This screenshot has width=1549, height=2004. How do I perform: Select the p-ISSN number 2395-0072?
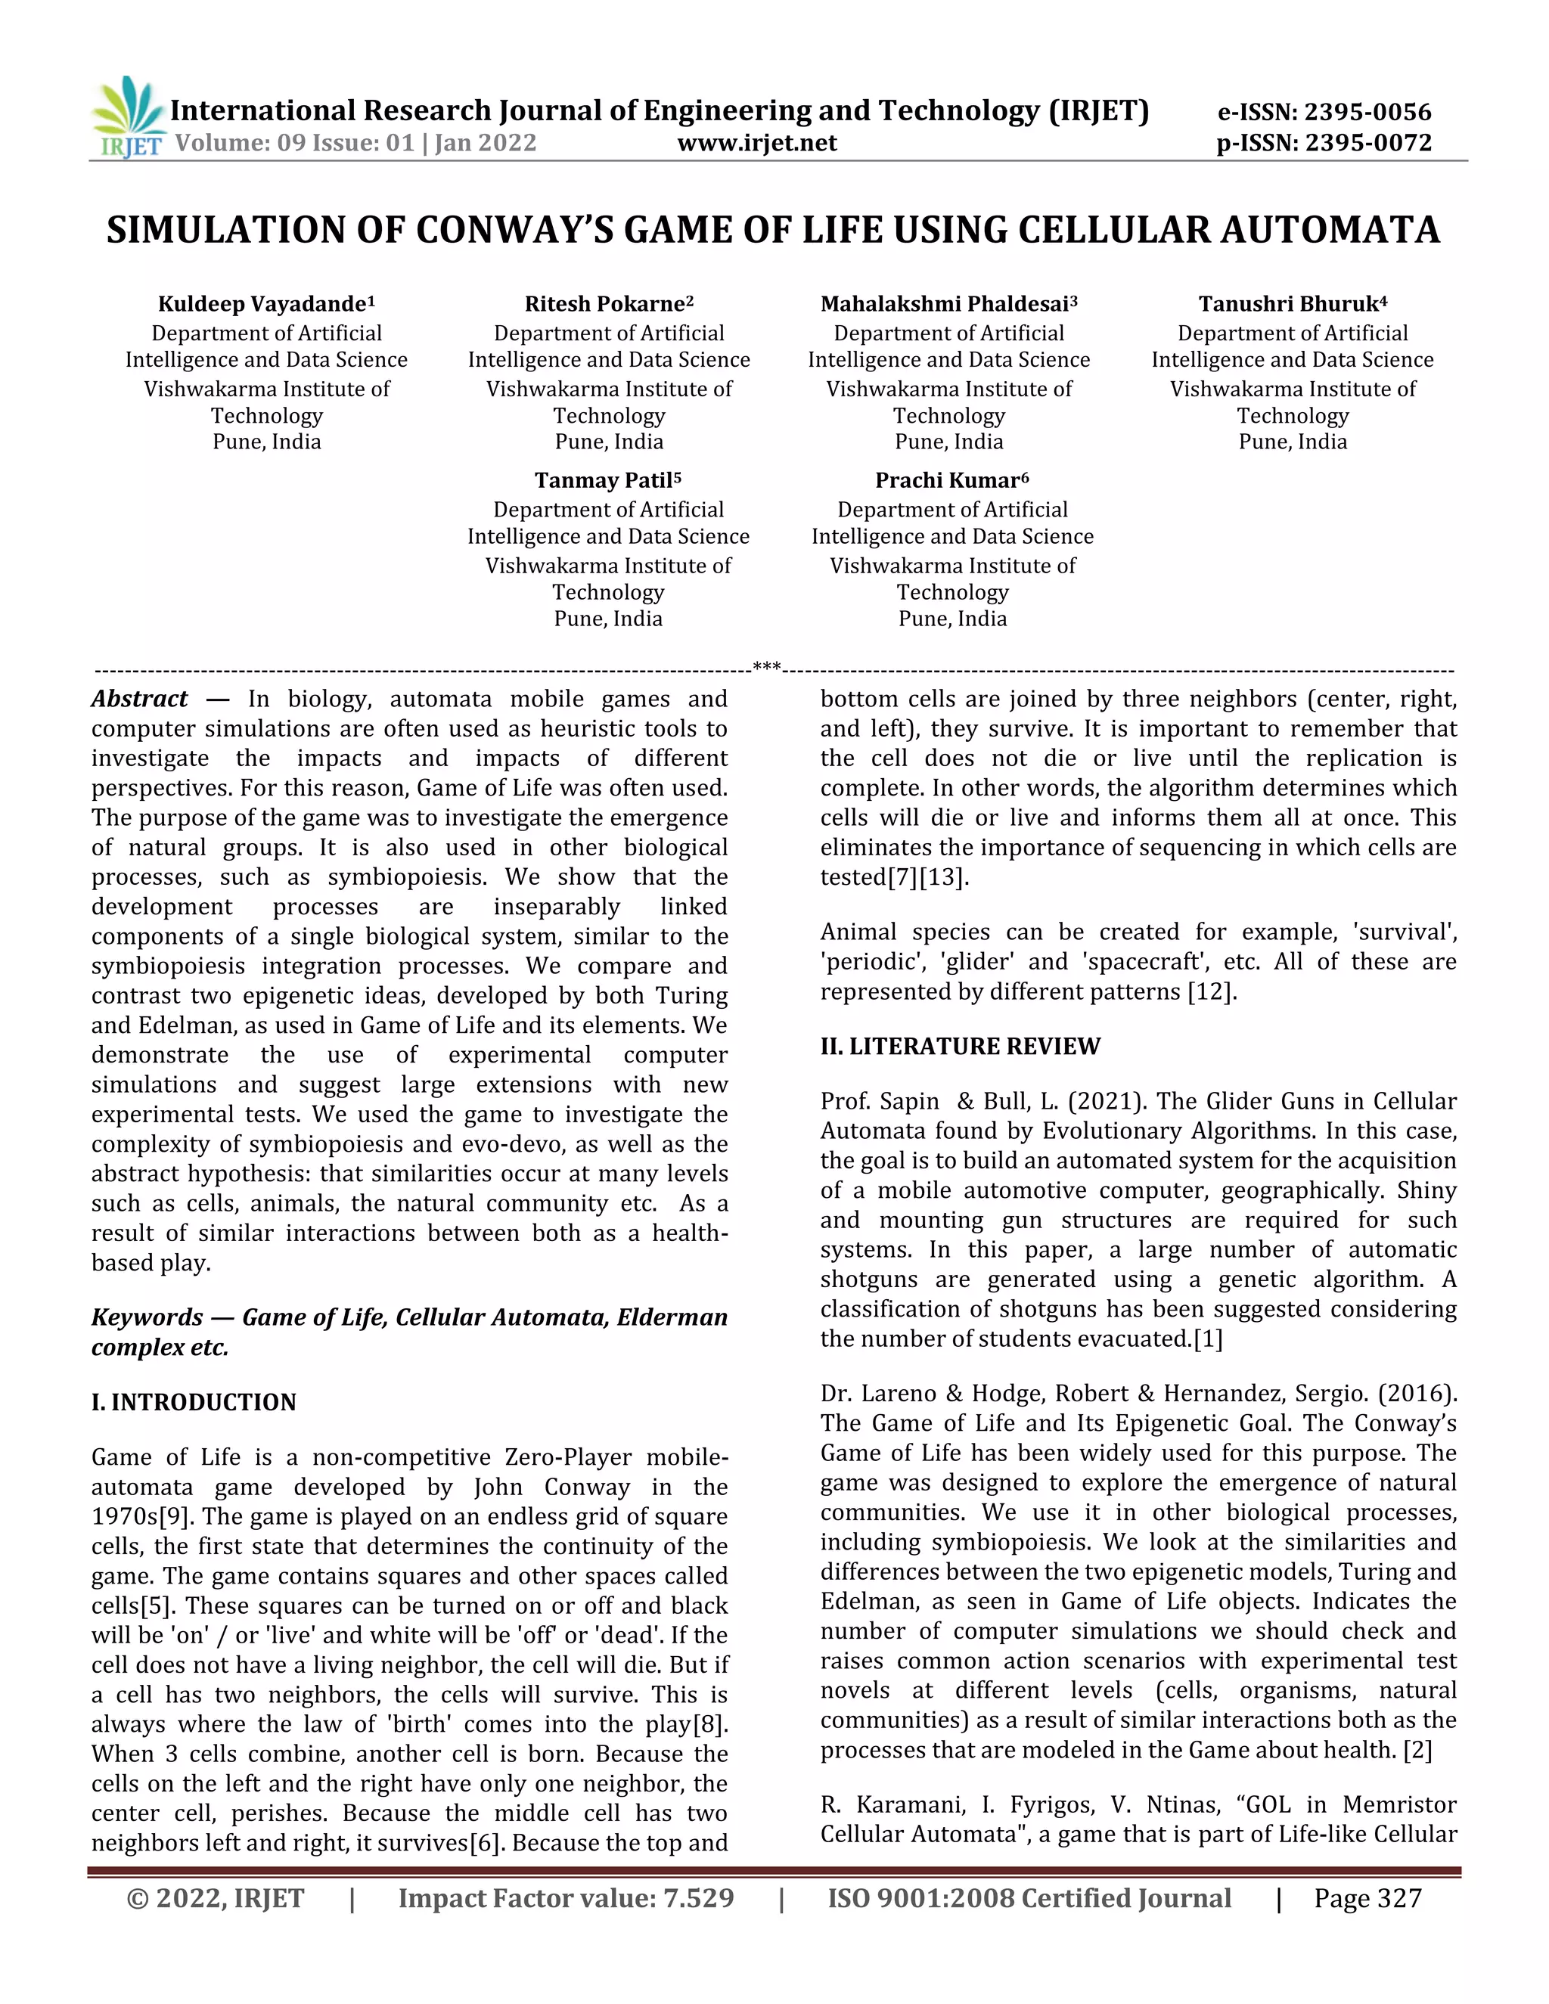(x=1368, y=143)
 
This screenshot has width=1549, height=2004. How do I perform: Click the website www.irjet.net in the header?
(x=757, y=143)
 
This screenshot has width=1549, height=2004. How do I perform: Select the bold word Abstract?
(x=139, y=700)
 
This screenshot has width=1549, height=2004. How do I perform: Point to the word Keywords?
(x=147, y=1317)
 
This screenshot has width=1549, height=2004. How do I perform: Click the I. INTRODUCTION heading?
(x=194, y=1402)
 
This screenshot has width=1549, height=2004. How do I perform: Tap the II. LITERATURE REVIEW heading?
(x=960, y=1046)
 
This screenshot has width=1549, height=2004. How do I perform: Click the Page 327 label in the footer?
(x=1367, y=1898)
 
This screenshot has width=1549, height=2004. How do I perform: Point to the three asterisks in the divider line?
(x=766, y=667)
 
